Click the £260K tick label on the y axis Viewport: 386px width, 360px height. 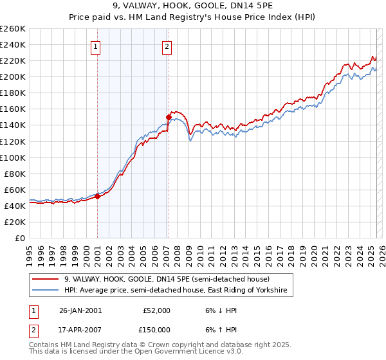click(13, 29)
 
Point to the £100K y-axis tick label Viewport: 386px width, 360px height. click(13, 157)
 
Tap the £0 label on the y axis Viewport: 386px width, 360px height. click(20, 239)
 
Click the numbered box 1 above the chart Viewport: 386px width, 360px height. click(96, 46)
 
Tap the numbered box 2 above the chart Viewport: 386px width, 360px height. click(167, 46)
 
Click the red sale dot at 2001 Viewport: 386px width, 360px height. click(98, 196)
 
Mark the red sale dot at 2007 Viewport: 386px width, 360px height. click(169, 117)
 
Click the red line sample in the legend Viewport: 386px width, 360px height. click(46, 279)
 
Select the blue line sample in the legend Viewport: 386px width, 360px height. click(46, 291)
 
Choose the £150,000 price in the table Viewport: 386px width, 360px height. click(156, 329)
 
